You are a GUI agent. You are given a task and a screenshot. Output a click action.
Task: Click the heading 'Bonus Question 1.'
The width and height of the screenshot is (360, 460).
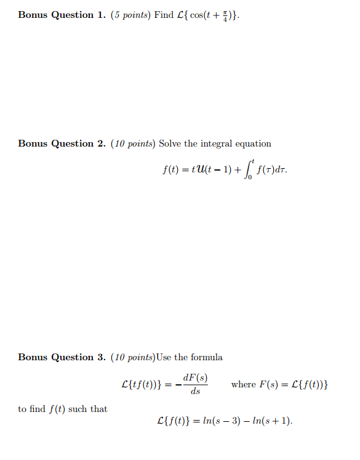56,15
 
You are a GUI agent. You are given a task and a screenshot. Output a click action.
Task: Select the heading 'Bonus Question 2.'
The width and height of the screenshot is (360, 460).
56,143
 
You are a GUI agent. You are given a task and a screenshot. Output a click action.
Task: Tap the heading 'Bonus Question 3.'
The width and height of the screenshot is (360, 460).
56,357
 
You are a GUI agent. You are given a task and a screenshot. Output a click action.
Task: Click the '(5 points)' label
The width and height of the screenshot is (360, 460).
130,15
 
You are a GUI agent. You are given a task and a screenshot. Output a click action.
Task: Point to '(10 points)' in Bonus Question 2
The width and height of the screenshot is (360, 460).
133,143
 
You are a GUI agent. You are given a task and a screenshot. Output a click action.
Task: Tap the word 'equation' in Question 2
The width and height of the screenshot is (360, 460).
254,143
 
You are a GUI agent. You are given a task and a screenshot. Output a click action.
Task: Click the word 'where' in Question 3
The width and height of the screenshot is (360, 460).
243,384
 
